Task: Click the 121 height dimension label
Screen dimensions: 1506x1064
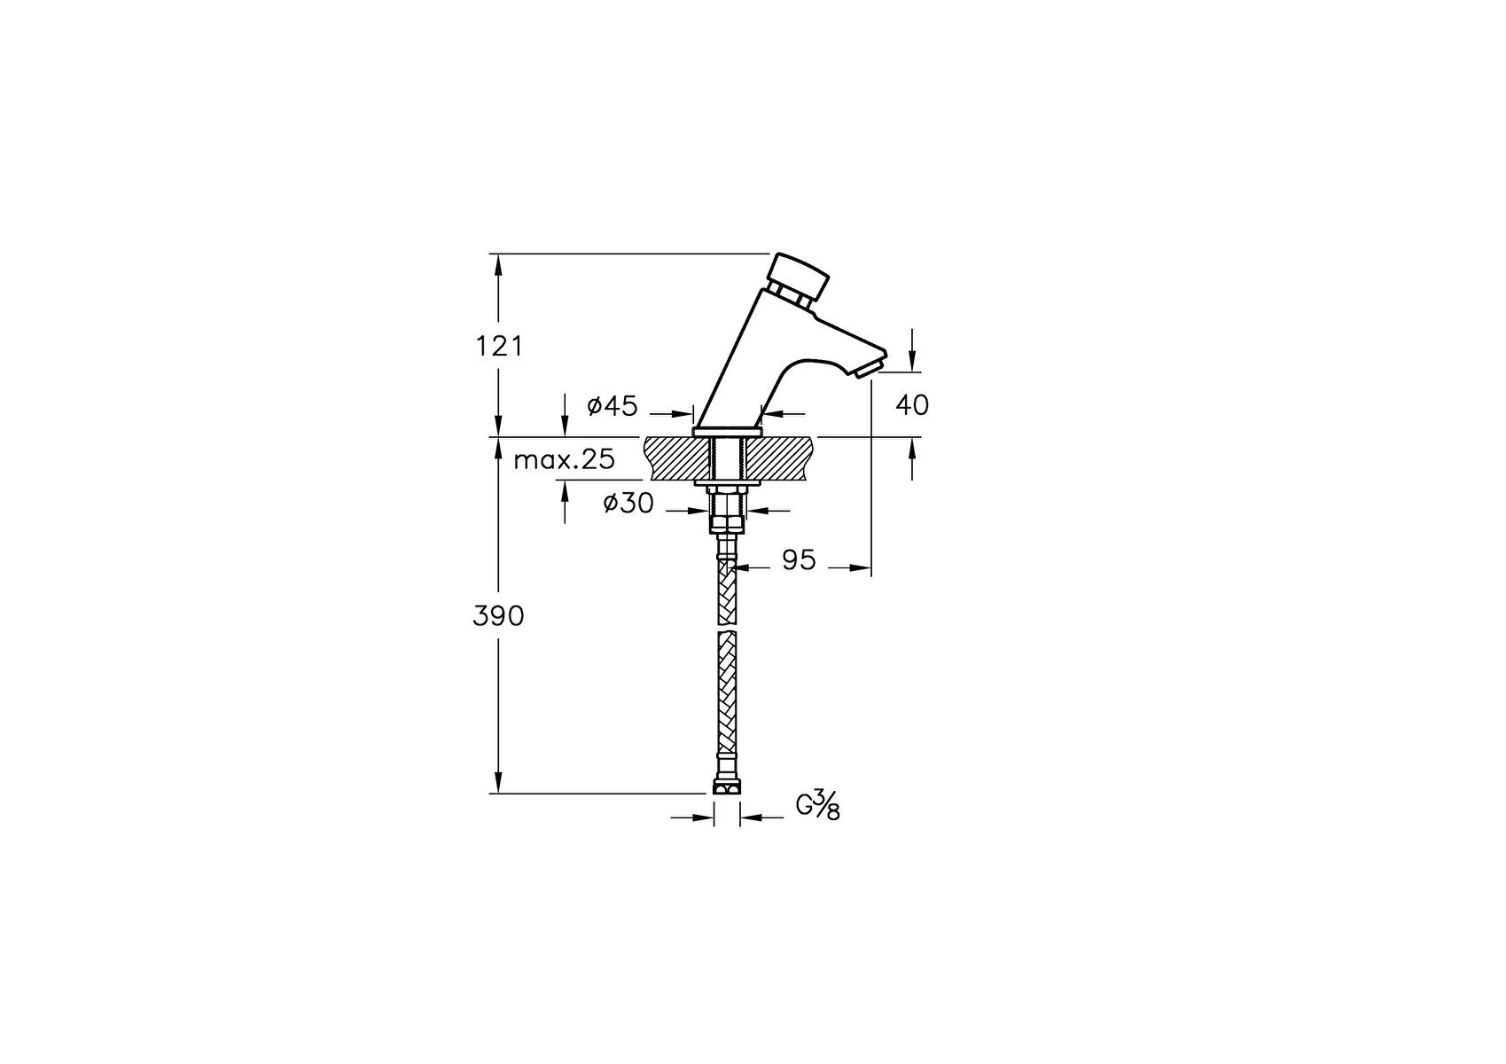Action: [x=499, y=347]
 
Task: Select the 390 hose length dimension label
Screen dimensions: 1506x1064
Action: [x=498, y=616]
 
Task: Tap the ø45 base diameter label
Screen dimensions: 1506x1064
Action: [x=612, y=405]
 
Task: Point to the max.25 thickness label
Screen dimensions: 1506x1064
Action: [x=564, y=459]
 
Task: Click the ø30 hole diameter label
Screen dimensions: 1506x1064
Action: [x=628, y=503]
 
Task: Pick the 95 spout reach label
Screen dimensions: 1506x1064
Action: [x=799, y=559]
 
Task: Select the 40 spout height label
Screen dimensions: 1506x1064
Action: [x=912, y=405]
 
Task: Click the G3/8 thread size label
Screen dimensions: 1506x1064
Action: [x=817, y=806]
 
